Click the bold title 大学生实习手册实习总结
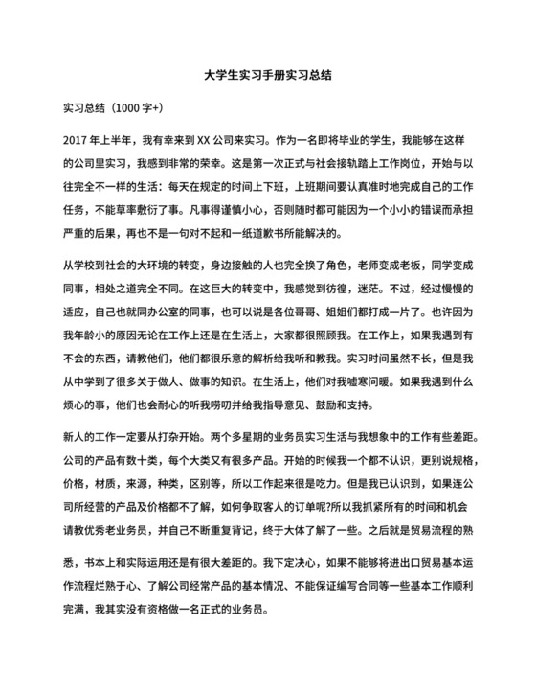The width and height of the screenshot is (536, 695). (x=268, y=73)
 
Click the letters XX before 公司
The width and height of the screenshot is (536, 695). (x=218, y=138)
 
